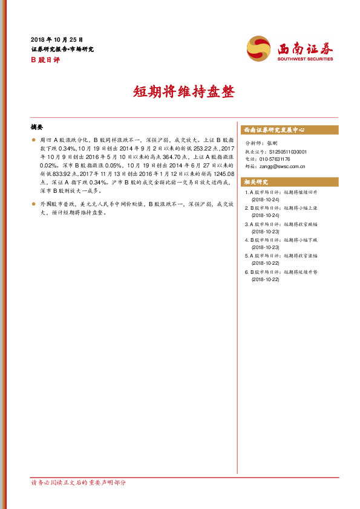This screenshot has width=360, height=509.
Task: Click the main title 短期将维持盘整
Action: point(180,92)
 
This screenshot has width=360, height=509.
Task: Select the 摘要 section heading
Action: point(37,128)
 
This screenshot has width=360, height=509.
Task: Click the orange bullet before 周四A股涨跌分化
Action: point(34,139)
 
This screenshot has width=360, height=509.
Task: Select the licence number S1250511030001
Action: point(286,152)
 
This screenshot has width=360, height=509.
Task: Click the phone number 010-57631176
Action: point(277,159)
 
